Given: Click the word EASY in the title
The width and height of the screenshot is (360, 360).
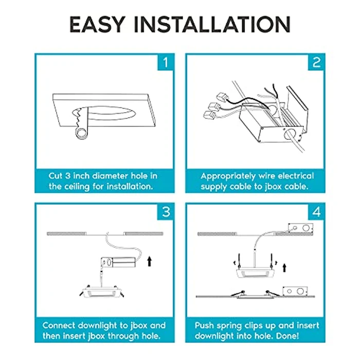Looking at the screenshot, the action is click(97, 24).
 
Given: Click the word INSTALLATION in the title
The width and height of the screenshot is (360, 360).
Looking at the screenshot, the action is click(212, 24).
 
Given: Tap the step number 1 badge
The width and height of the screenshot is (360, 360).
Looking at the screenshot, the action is click(165, 62).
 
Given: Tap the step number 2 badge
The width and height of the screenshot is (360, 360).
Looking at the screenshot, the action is click(316, 62).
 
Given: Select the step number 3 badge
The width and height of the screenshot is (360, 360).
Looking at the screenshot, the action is click(165, 212).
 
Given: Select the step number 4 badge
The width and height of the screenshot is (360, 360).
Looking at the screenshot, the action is click(316, 212).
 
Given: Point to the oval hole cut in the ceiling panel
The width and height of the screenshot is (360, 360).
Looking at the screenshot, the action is click(104, 113).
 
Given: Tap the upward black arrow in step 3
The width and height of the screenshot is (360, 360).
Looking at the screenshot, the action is click(150, 261).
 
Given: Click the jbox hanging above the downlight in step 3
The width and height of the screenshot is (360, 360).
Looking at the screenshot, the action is click(118, 262).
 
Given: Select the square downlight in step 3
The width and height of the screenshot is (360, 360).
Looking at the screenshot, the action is click(101, 292).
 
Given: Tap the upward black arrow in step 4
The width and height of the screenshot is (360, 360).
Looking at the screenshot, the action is click(284, 268).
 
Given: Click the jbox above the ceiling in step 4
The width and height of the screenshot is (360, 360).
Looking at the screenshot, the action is click(300, 228).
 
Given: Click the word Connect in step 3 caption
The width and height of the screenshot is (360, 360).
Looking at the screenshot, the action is click(59, 326).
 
